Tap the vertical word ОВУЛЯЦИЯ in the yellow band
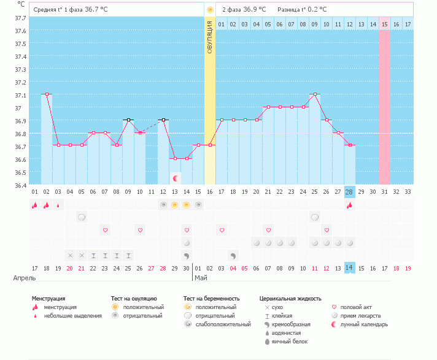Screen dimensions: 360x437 coord(210,37)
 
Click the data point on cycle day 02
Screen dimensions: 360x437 coord(47,94)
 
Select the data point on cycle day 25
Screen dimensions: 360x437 coord(315,94)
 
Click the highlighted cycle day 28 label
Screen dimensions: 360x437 coord(349,192)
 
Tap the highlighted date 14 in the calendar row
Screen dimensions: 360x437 coord(349,268)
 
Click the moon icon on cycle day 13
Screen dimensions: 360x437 coord(175,178)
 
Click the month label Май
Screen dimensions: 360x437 coord(200,278)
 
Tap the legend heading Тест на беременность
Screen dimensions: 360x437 coord(209,299)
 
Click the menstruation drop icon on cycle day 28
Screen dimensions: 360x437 coord(349,205)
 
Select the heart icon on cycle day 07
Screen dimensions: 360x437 coord(105,230)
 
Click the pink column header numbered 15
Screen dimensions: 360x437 coord(384,25)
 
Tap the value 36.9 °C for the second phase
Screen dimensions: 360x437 coord(255,10)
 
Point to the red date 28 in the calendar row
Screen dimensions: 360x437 coord(163,268)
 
